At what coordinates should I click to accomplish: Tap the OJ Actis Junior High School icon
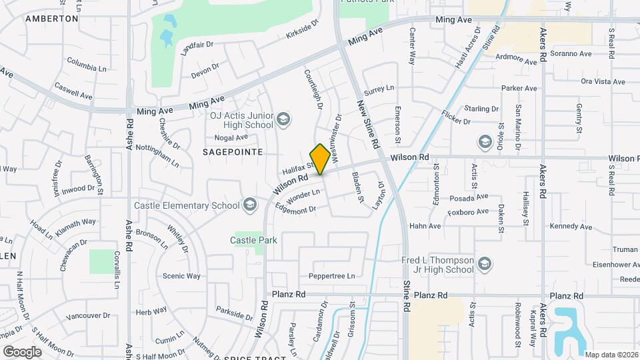283,119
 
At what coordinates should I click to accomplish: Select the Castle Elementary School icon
250,204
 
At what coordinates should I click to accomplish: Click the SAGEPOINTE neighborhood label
233,152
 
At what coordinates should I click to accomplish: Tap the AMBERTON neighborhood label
52,19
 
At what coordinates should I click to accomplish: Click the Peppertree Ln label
331,276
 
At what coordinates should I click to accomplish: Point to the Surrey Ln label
379,88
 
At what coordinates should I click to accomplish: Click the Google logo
22,351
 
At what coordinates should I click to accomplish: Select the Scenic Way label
181,276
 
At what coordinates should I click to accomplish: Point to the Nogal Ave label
231,138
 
